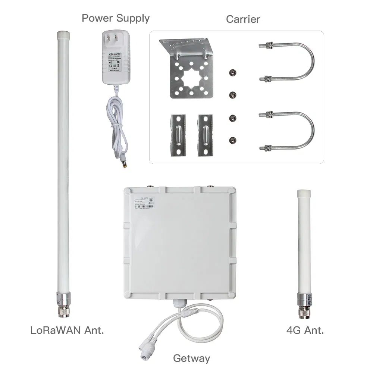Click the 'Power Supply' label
115,18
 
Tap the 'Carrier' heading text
243,19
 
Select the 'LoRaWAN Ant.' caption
67,330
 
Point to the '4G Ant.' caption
305,330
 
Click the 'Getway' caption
191,358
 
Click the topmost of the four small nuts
232,72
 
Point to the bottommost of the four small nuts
232,140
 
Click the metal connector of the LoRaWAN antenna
62,306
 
